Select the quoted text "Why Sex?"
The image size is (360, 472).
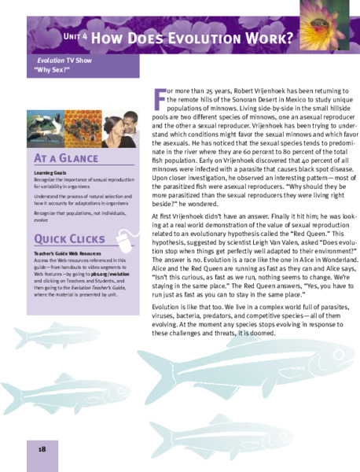tap(54, 70)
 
